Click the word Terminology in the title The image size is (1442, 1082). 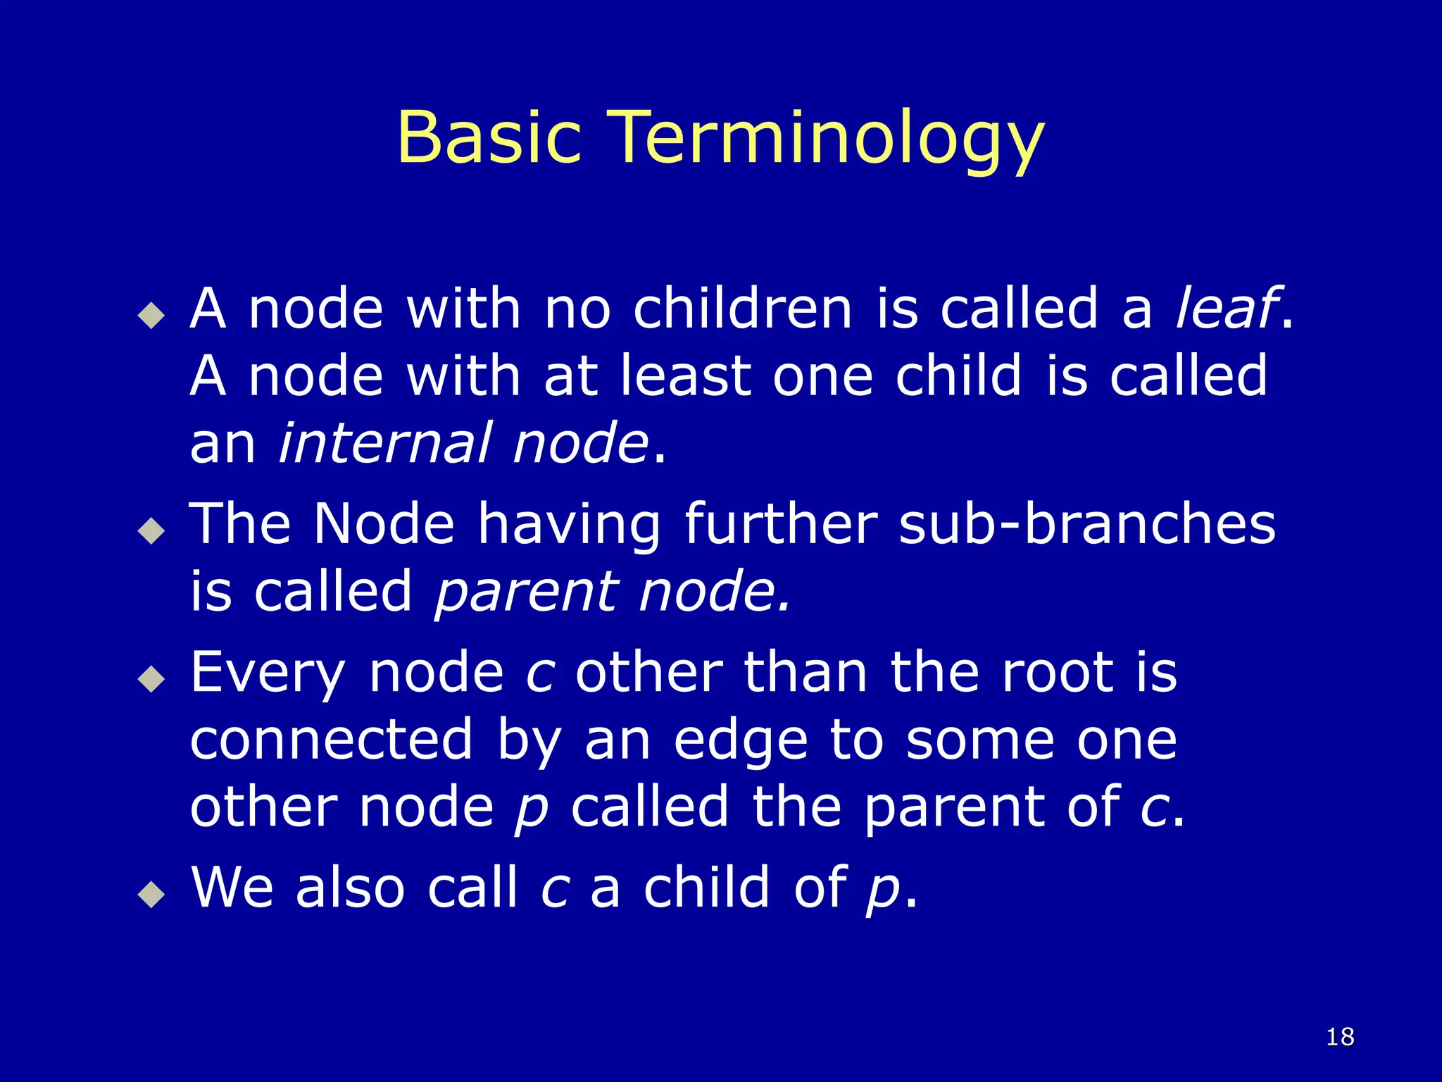(825, 139)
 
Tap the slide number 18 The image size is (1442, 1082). (1340, 1037)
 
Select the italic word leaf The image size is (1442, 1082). (1226, 309)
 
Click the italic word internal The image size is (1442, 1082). (384, 443)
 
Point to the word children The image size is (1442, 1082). (743, 309)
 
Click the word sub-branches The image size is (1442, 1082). (1086, 524)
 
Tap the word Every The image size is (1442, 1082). (268, 674)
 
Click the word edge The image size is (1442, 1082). (740, 742)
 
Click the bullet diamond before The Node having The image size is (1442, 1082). (151, 530)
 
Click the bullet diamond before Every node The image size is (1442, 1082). (151, 679)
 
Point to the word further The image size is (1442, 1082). (781, 524)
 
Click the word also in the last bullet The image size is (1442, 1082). (350, 888)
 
